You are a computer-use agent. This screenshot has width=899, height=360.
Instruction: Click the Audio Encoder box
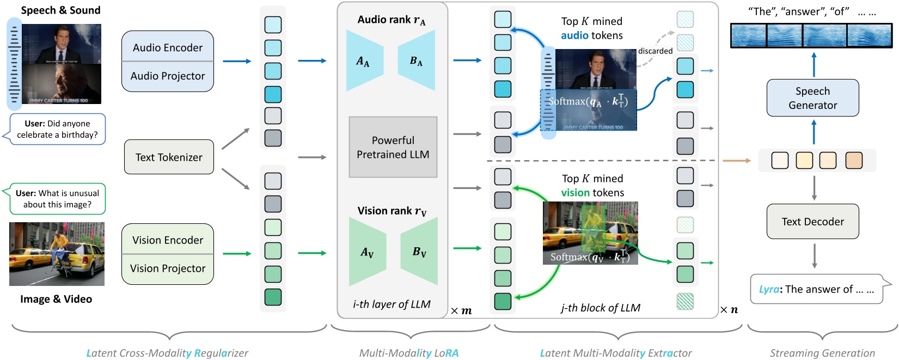pyautogui.click(x=167, y=47)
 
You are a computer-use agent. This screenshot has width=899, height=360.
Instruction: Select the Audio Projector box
pyautogui.click(x=167, y=76)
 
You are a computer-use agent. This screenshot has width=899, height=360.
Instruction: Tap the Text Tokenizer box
pyautogui.click(x=169, y=157)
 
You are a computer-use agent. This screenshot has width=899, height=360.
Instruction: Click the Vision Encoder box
pyautogui.click(x=167, y=240)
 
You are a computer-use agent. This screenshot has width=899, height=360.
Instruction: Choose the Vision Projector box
pyautogui.click(x=167, y=269)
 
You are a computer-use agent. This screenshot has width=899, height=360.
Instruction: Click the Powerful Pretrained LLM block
pyautogui.click(x=393, y=147)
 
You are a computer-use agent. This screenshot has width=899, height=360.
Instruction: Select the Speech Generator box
pyautogui.click(x=812, y=98)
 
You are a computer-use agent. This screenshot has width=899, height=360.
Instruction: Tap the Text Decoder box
pyautogui.click(x=812, y=222)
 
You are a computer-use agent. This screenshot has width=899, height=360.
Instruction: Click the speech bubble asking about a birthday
pyautogui.click(x=57, y=129)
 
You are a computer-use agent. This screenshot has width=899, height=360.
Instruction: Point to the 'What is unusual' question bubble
pyautogui.click(x=57, y=199)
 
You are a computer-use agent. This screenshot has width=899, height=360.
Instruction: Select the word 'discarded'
pyautogui.click(x=655, y=51)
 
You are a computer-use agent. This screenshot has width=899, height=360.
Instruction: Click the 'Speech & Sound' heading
pyautogui.click(x=60, y=10)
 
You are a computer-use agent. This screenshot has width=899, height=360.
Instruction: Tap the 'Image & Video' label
pyautogui.click(x=56, y=299)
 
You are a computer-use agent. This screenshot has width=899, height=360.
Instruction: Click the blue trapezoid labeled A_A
pyautogui.click(x=364, y=61)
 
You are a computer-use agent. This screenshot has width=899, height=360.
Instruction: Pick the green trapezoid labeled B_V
pyautogui.click(x=420, y=252)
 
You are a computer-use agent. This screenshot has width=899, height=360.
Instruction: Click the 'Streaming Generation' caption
pyautogui.click(x=822, y=353)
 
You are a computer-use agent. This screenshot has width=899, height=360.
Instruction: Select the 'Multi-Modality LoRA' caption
pyautogui.click(x=408, y=353)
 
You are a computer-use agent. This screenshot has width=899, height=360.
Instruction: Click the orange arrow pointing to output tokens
pyautogui.click(x=736, y=161)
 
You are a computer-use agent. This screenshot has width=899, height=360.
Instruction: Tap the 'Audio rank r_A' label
pyautogui.click(x=392, y=20)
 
